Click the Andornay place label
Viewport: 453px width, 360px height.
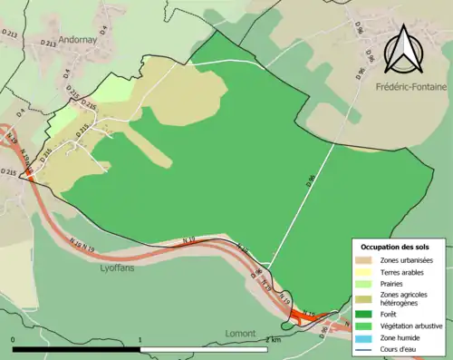click(x=86, y=39)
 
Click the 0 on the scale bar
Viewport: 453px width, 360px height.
click(x=14, y=341)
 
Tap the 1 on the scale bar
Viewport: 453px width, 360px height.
click(x=140, y=341)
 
